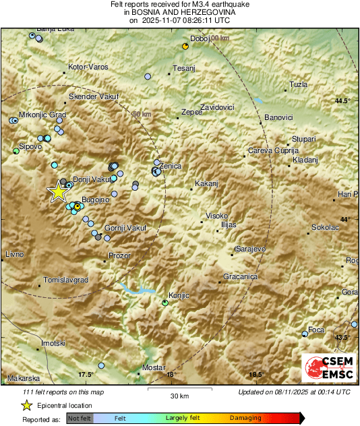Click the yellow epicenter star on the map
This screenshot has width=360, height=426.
click(x=59, y=192)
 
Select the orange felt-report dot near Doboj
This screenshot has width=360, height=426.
click(x=185, y=46)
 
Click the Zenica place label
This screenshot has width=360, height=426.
click(x=171, y=165)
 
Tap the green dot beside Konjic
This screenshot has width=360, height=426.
click(x=165, y=303)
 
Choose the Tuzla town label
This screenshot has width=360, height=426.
click(x=298, y=84)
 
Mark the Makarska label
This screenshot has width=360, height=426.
click(x=25, y=378)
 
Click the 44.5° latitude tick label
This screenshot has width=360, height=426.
click(x=343, y=100)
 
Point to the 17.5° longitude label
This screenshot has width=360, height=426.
click(x=85, y=374)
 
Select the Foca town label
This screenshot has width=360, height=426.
click(x=316, y=330)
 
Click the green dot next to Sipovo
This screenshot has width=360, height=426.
click(x=16, y=152)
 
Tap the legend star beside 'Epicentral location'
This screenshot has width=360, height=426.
click(x=26, y=405)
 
